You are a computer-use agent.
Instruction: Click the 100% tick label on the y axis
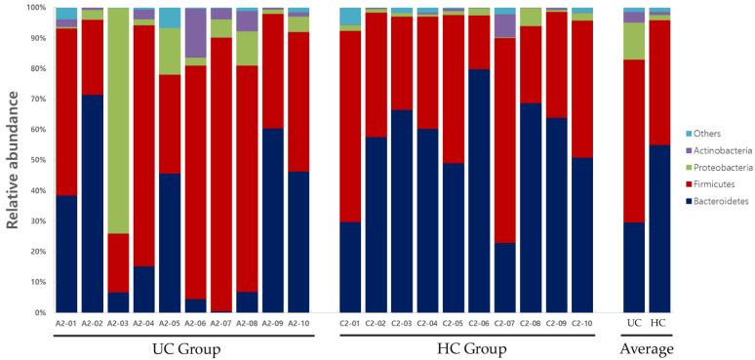40,8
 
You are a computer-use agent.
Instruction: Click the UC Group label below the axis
183,347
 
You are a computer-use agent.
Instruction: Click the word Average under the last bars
647,347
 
